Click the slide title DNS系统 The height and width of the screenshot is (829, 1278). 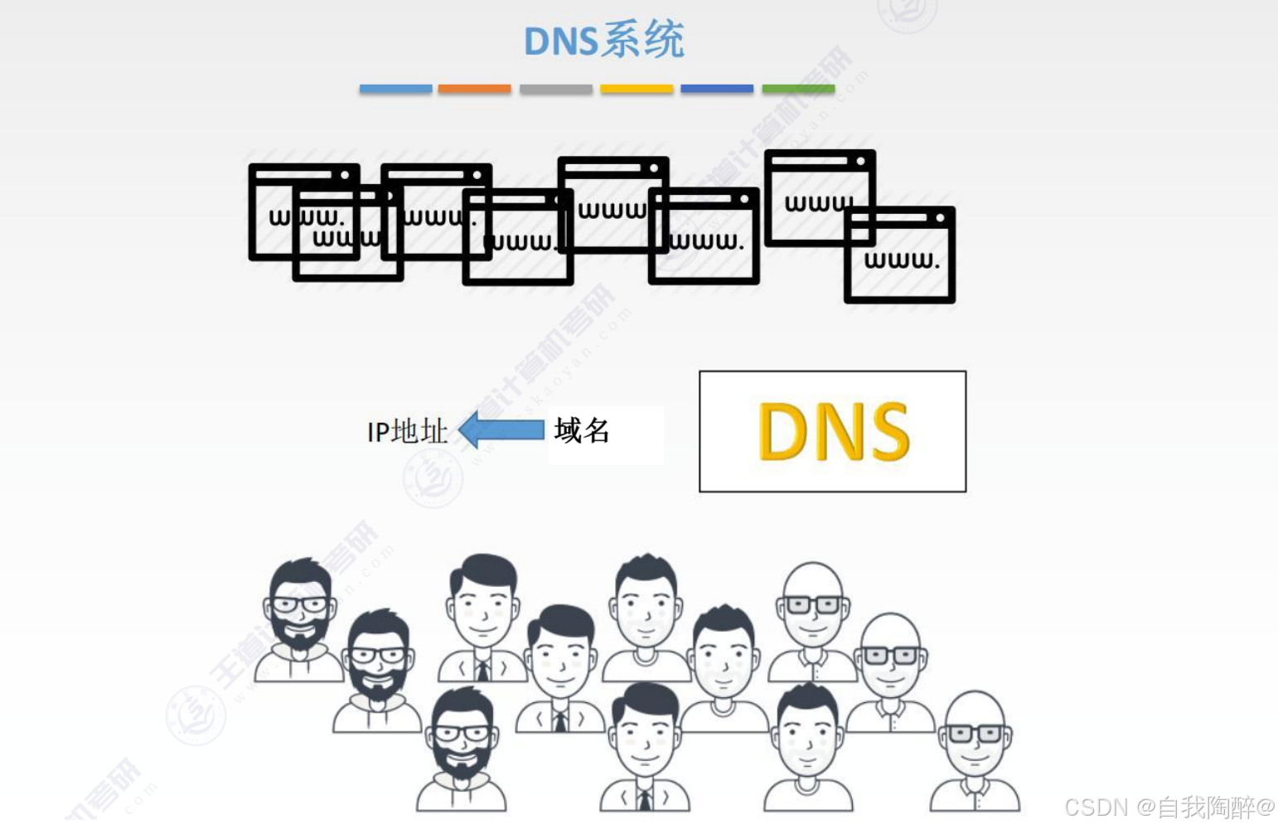(604, 41)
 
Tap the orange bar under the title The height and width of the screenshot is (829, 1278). (474, 89)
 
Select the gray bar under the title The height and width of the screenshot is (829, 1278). (555, 89)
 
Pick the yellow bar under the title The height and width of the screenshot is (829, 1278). (637, 89)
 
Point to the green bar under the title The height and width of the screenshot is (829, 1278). (798, 89)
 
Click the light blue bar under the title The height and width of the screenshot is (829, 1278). (395, 89)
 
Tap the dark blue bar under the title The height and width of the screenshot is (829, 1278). (717, 89)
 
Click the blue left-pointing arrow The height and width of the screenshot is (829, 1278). (501, 429)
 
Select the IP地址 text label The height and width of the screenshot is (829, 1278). (407, 431)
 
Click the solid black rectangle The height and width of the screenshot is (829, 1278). (606, 435)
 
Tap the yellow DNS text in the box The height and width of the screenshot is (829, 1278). (833, 431)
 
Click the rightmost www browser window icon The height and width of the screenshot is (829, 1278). (899, 255)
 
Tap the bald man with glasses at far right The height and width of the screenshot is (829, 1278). (975, 750)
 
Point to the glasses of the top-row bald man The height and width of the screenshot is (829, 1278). (812, 604)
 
